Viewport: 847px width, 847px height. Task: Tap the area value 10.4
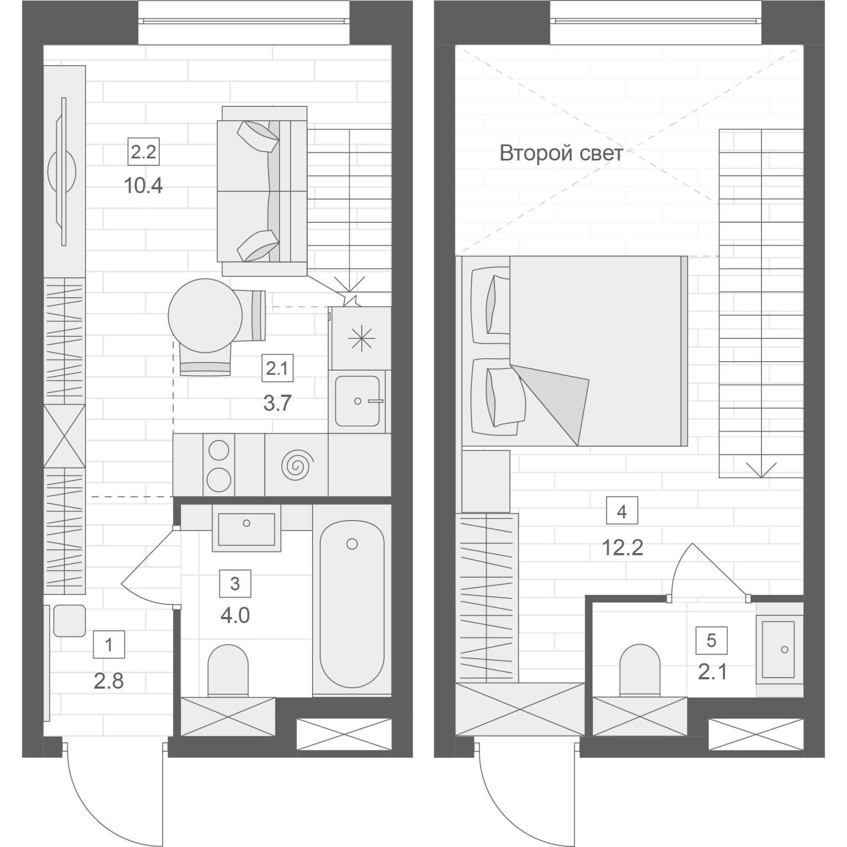point(143,186)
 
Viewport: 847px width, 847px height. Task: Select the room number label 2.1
point(277,368)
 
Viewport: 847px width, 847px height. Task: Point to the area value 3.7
point(277,404)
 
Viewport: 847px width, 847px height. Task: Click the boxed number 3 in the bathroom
point(235,583)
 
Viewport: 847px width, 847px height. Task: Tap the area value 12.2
point(622,548)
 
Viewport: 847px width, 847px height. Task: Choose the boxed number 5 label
point(711,640)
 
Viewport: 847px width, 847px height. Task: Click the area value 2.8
point(109,682)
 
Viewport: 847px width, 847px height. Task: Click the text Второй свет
point(561,153)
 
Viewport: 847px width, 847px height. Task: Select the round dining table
point(205,315)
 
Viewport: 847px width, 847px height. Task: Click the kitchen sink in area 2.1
point(358,401)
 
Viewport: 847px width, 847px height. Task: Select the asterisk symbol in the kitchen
point(359,337)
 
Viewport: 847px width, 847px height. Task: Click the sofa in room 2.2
point(262,191)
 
